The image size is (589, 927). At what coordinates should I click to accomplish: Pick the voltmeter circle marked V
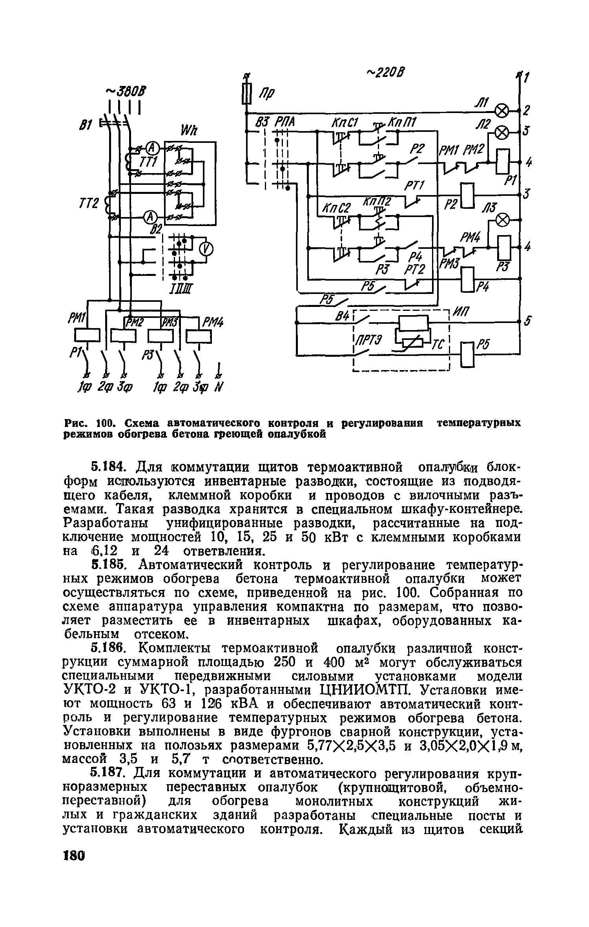206,249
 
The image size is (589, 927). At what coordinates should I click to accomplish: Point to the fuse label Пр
268,94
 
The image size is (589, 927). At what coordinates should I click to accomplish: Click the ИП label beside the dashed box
463,312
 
